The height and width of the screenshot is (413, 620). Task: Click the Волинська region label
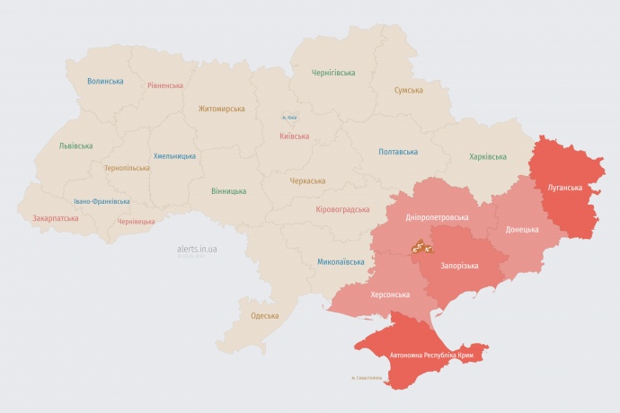pyautogui.click(x=105, y=81)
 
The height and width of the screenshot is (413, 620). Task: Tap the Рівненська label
pyautogui.click(x=165, y=85)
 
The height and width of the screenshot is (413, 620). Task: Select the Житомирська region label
pyautogui.click(x=221, y=109)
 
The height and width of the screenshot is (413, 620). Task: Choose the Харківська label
pyautogui.click(x=488, y=157)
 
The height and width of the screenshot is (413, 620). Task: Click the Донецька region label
pyautogui.click(x=522, y=229)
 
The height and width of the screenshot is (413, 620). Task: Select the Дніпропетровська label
pyautogui.click(x=438, y=217)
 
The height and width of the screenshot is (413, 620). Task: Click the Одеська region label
pyautogui.click(x=264, y=316)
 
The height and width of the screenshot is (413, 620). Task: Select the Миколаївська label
pyautogui.click(x=341, y=262)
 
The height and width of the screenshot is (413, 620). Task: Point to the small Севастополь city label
pyautogui.click(x=367, y=377)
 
